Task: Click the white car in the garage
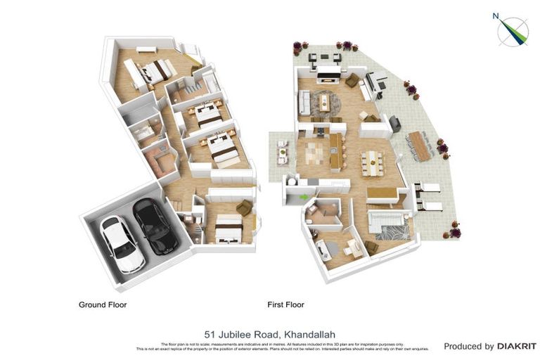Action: tap(122, 243)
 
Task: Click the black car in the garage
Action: tap(155, 226)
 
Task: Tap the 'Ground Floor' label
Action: tap(103, 305)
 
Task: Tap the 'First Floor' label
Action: tap(285, 305)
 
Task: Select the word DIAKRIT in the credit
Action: tap(517, 346)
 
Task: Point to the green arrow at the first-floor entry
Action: tap(304, 197)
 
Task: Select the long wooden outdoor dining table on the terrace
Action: tap(420, 146)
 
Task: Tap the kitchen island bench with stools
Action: tap(335, 151)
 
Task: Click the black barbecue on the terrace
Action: tap(396, 123)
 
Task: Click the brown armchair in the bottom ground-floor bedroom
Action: tap(243, 207)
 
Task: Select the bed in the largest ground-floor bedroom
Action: tap(155, 70)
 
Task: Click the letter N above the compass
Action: tap(496, 15)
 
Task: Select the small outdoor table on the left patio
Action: tap(283, 151)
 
